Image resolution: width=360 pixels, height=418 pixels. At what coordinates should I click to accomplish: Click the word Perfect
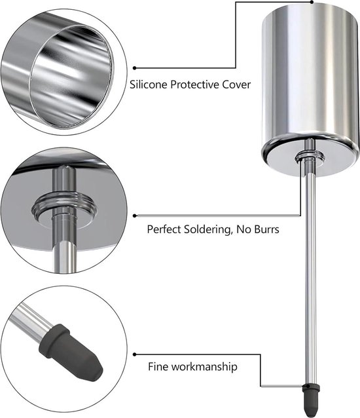coord(164,229)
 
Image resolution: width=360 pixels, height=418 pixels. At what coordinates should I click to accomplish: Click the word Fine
coord(158,366)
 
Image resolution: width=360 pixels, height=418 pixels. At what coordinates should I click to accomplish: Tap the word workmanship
coord(204,367)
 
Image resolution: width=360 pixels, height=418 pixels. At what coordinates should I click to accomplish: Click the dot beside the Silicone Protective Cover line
coord(134,68)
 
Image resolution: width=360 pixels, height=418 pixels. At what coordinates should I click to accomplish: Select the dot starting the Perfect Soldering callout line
coord(134,216)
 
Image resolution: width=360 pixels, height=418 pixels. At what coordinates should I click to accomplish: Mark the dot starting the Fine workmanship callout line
coord(134,354)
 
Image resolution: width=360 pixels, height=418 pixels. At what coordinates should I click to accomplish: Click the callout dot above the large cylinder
coord(312,2)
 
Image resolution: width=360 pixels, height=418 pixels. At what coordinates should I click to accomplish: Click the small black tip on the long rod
coord(309,400)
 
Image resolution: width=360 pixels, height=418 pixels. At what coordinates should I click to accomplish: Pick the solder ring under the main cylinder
coord(310,157)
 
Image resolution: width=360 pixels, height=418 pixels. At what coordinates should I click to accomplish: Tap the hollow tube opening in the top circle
coord(70,76)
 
